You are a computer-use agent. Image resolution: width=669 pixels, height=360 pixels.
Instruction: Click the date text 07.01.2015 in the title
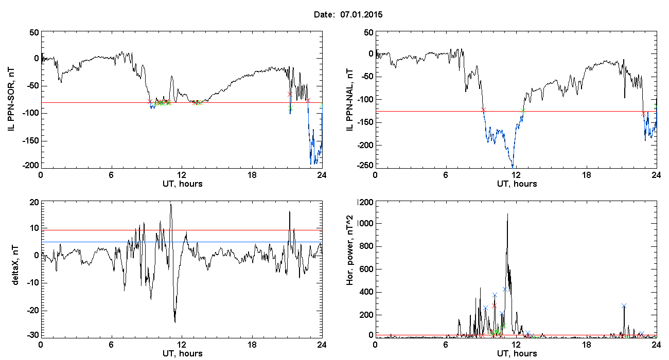pos(361,14)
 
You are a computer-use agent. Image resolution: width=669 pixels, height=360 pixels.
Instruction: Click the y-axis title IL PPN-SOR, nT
pos(11,100)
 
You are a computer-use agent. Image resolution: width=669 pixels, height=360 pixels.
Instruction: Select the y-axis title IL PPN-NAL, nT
pos(349,100)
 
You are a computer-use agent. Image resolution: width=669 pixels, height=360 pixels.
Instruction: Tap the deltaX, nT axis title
pos(15,265)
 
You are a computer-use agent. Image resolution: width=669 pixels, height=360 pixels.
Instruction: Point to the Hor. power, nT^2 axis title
pos(349,250)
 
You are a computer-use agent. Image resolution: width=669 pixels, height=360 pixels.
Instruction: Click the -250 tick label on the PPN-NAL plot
pos(365,165)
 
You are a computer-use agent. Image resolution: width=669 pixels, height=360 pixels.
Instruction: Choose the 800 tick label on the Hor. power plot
pos(367,246)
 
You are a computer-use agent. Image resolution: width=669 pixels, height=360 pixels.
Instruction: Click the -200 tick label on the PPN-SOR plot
pos(31,165)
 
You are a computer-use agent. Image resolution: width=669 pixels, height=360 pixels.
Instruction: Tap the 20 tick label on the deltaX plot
pos(34,203)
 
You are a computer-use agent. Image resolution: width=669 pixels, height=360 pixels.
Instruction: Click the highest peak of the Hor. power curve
pos(507,214)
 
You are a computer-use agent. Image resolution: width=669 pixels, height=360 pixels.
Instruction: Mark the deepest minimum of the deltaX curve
pos(175,322)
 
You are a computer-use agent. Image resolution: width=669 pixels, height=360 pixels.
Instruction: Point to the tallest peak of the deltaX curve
pos(171,204)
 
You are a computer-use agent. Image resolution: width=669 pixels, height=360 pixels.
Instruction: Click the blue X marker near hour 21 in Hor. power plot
pos(624,305)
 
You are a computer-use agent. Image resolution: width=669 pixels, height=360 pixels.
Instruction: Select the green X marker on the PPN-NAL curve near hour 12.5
pos(523,111)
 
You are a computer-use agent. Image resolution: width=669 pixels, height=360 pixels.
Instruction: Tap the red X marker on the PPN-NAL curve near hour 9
pos(484,110)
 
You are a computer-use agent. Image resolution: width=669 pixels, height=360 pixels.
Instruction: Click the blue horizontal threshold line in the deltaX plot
pos(182,242)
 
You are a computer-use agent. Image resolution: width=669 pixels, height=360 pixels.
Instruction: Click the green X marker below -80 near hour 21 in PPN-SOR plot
pos(290,109)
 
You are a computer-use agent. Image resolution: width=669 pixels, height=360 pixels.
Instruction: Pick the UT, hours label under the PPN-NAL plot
pos(517,184)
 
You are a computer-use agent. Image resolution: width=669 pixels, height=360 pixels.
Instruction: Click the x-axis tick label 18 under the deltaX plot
pos(252,345)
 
